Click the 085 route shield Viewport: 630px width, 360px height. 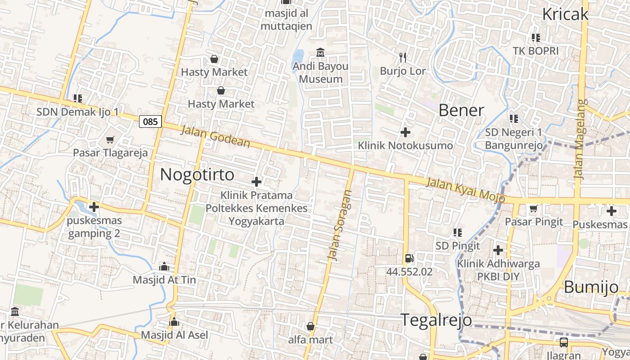tap(150, 121)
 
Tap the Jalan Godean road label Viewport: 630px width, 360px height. tap(215, 137)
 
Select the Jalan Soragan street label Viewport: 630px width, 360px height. tap(339, 225)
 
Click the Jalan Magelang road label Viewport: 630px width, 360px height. tap(581, 139)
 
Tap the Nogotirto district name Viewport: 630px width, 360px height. tap(197, 175)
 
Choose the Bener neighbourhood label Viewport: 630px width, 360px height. tap(461, 110)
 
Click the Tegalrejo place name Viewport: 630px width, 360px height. tap(436, 320)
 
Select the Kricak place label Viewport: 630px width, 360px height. tap(565, 14)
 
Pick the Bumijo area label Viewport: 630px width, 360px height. tap(591, 287)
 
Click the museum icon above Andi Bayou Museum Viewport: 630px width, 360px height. tap(320, 53)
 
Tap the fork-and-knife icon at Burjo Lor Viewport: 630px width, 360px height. tap(403, 57)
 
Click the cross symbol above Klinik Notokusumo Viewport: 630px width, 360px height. tap(405, 132)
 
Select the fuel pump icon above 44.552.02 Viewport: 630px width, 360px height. tap(409, 258)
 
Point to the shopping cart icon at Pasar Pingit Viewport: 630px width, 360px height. tap(534, 208)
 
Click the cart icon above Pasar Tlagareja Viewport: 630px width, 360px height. tap(110, 139)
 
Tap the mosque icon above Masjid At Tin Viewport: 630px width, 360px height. tap(164, 266)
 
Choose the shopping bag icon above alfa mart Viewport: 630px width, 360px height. tap(310, 326)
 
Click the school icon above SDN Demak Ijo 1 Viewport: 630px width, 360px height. tap(77, 98)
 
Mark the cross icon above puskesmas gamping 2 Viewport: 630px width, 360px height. tap(94, 207)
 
